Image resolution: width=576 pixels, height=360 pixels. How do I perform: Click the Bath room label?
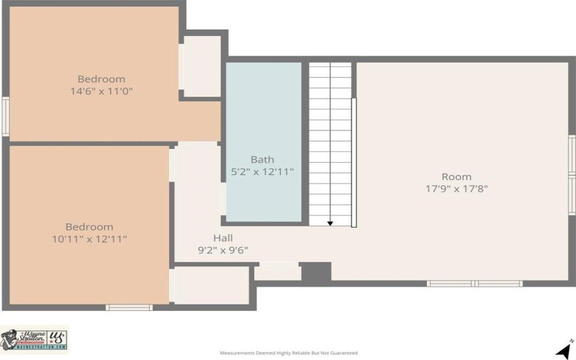pos(262,160)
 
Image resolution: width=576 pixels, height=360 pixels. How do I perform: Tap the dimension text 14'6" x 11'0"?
pos(102,91)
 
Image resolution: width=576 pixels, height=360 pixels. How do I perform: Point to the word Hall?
pos(222,238)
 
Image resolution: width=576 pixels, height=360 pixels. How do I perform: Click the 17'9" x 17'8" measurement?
pos(456,189)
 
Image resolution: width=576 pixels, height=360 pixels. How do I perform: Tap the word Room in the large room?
pos(456,177)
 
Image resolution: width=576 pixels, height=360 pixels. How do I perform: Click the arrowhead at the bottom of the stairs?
pos(330,223)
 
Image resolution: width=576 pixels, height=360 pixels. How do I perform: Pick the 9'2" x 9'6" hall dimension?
pos(222,251)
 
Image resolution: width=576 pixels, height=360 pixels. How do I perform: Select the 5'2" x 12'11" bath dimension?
pos(262,172)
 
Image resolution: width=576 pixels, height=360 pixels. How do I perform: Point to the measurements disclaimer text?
pos(288,354)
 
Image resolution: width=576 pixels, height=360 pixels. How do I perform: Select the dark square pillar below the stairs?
pos(315,272)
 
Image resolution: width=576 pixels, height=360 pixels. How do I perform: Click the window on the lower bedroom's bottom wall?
pos(129,307)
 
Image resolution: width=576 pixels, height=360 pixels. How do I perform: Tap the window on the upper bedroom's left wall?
pos(5,116)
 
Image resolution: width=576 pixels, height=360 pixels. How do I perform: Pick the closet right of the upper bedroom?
pos(201,66)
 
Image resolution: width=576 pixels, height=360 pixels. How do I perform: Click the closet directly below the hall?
pos(212,284)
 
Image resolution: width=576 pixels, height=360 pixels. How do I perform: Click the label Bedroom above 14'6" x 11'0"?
pos(102,79)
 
